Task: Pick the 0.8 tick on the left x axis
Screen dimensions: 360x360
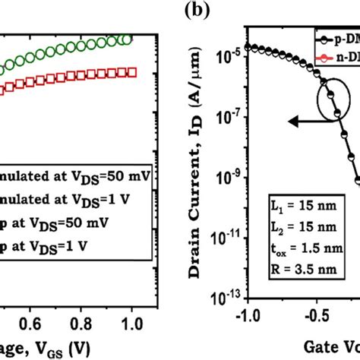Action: pyautogui.click(x=81, y=322)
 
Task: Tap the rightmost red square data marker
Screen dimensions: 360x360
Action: pyautogui.click(x=131, y=72)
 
